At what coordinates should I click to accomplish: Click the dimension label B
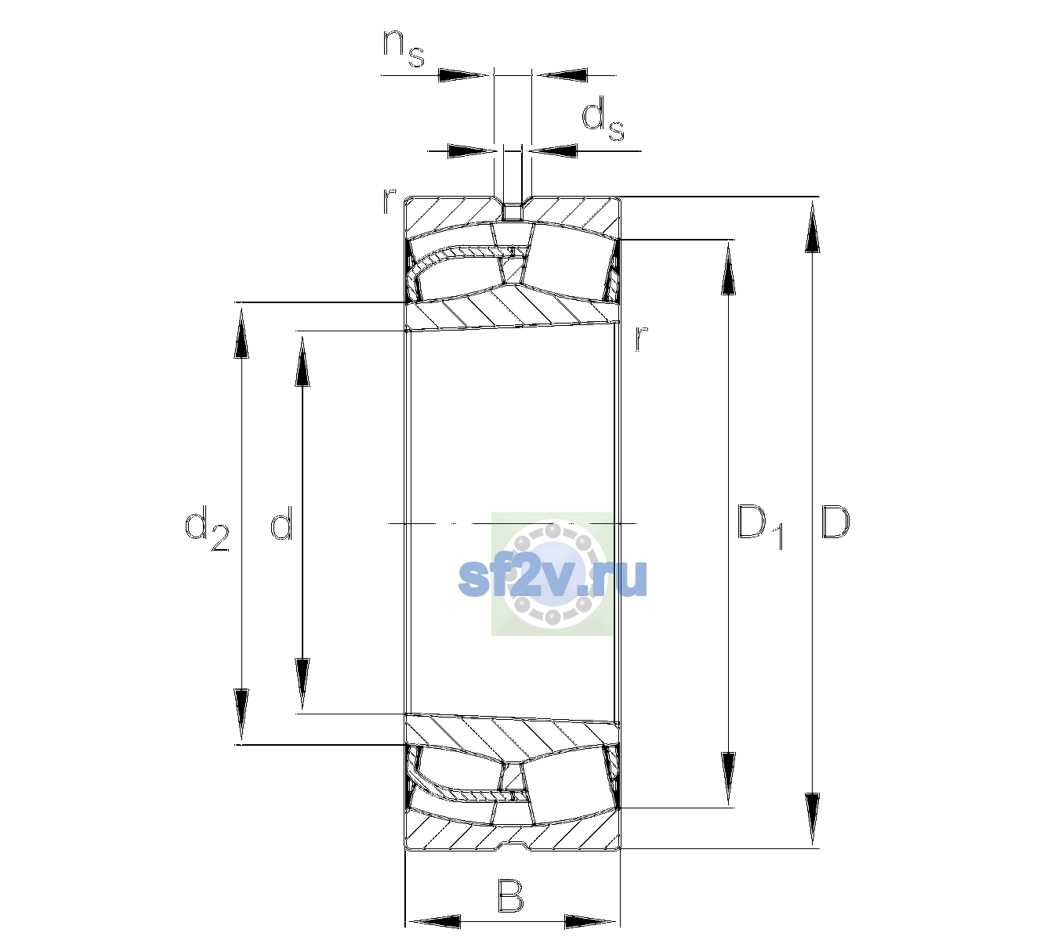(510, 895)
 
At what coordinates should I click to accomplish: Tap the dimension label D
(835, 522)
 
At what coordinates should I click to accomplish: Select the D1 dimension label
(760, 526)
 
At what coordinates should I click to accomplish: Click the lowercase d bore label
(281, 522)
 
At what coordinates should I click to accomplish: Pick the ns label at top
(404, 49)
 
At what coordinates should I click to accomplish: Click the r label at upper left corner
(389, 201)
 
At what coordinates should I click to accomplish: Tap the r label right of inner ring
(641, 338)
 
